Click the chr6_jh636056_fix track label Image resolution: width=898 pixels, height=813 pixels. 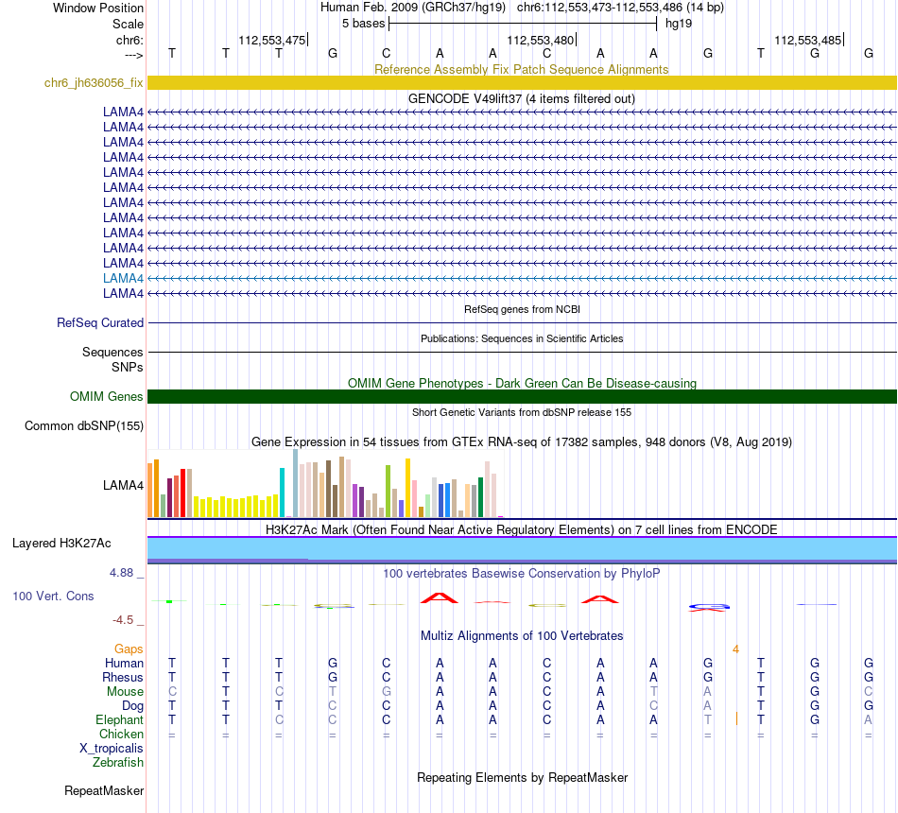(94, 82)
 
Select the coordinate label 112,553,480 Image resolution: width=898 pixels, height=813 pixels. (540, 40)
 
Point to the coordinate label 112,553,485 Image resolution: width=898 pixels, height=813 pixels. (806, 40)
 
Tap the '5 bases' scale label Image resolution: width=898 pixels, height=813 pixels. (363, 23)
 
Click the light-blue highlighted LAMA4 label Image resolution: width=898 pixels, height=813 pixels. (123, 278)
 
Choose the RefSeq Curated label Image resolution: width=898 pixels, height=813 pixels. (100, 322)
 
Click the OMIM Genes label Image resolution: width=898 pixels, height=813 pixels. (107, 396)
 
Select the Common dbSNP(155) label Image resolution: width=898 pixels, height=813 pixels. (84, 425)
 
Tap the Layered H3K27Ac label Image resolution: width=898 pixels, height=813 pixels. (61, 543)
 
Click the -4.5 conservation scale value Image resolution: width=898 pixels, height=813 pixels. (127, 619)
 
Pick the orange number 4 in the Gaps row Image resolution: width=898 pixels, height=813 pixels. (734, 649)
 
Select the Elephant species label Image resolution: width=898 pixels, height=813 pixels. (120, 719)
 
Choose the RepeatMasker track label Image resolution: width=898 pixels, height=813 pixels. (104, 790)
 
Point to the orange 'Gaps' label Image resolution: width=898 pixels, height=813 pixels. (129, 649)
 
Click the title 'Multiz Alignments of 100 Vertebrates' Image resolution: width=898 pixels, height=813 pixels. (521, 635)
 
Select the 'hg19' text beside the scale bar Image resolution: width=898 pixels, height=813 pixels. (678, 23)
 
